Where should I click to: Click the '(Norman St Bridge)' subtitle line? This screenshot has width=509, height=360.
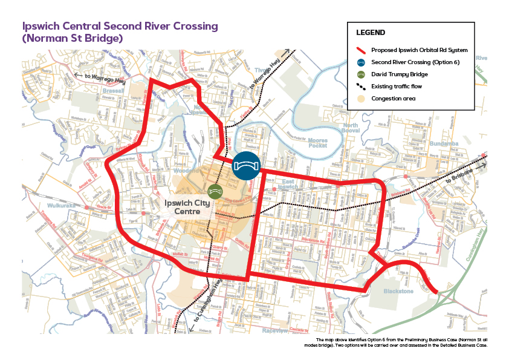[x=73, y=39]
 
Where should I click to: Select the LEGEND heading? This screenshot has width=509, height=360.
[x=371, y=32]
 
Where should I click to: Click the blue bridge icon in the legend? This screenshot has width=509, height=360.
[x=361, y=62]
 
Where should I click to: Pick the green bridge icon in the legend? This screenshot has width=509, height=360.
[x=361, y=74]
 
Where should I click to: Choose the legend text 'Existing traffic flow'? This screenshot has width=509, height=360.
[x=397, y=87]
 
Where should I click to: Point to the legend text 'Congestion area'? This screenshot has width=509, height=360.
[x=393, y=98]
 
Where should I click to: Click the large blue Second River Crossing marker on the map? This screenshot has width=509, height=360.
[x=246, y=166]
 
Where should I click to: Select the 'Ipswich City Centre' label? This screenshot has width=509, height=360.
[x=187, y=208]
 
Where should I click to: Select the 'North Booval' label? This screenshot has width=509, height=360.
[x=350, y=129]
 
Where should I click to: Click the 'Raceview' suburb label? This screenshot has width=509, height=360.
[x=275, y=331]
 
